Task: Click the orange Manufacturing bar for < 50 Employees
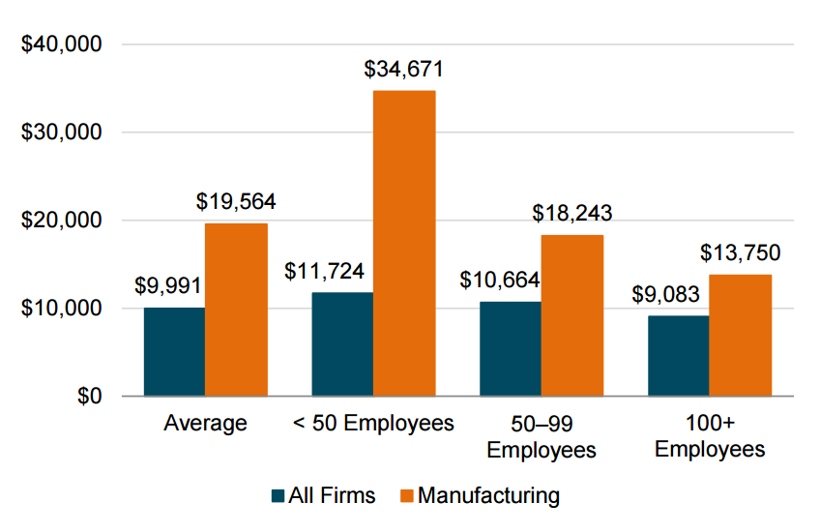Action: [x=404, y=243]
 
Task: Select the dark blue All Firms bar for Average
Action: [x=174, y=352]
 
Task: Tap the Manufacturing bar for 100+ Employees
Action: [x=741, y=336]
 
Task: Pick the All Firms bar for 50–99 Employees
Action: [x=511, y=349]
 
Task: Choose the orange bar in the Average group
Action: [x=236, y=310]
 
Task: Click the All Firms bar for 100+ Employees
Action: [x=679, y=356]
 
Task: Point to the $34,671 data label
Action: [x=404, y=70]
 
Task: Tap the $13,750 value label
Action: [x=741, y=253]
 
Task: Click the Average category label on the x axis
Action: [x=205, y=424]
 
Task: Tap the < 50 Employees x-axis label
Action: [x=373, y=424]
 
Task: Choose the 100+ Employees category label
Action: [x=710, y=436]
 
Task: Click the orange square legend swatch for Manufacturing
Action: [x=406, y=496]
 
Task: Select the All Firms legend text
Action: [x=332, y=496]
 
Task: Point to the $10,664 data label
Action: [x=499, y=281]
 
